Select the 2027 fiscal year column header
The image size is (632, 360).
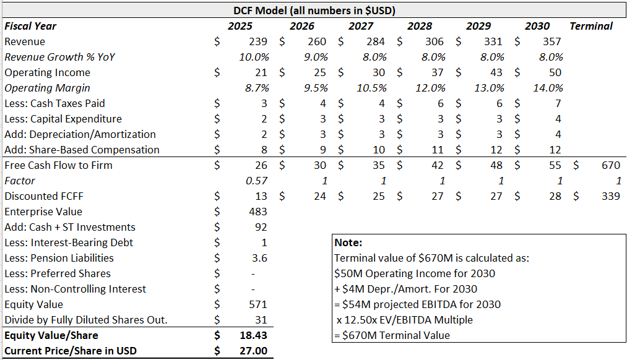(x=361, y=26)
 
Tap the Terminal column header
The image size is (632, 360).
(x=591, y=26)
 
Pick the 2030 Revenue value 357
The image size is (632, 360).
(x=552, y=41)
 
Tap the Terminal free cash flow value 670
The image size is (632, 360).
(x=610, y=165)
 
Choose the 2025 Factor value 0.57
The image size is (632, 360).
(x=256, y=181)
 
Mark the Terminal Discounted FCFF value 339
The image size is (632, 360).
(x=610, y=196)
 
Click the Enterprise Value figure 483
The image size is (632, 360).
(x=258, y=212)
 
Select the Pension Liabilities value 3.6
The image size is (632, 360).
(x=259, y=258)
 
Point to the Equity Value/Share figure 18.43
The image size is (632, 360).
(x=254, y=335)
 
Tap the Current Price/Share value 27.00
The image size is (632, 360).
(x=254, y=351)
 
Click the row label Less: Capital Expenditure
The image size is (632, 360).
(x=63, y=119)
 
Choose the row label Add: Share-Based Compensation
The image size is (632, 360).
(x=82, y=150)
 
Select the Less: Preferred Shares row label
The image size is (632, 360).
(x=58, y=273)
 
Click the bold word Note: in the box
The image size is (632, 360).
(x=348, y=242)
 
